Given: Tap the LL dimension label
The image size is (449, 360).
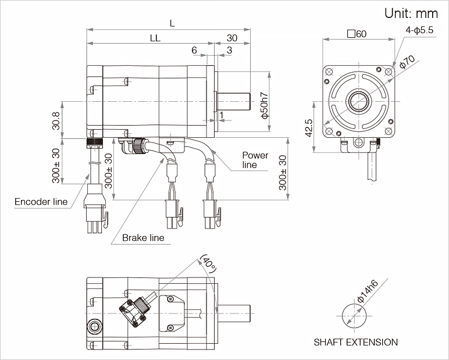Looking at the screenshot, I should pyautogui.click(x=155, y=38).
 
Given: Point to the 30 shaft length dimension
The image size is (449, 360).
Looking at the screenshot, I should pyautogui.click(x=232, y=38).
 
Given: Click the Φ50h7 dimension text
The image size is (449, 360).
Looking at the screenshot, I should pyautogui.click(x=265, y=105).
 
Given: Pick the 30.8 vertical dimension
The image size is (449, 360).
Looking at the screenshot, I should pyautogui.click(x=56, y=120).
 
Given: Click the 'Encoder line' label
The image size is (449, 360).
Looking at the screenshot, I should pyautogui.click(x=41, y=202).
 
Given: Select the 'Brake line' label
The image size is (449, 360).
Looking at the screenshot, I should pyautogui.click(x=143, y=237).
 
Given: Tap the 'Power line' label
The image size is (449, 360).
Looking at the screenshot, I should pyautogui.click(x=255, y=160).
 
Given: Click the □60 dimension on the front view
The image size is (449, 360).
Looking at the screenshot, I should pyautogui.click(x=356, y=34).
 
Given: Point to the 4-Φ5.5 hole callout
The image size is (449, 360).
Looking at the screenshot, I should pyautogui.click(x=419, y=30).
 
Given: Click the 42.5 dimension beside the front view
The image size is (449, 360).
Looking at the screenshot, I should pyautogui.click(x=309, y=128).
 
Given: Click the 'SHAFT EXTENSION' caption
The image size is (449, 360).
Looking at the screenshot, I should pyautogui.click(x=355, y=342).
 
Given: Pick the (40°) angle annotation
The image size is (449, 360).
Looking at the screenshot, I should pyautogui.click(x=208, y=265).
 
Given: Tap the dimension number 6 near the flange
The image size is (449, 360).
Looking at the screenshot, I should pyautogui.click(x=194, y=51).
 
